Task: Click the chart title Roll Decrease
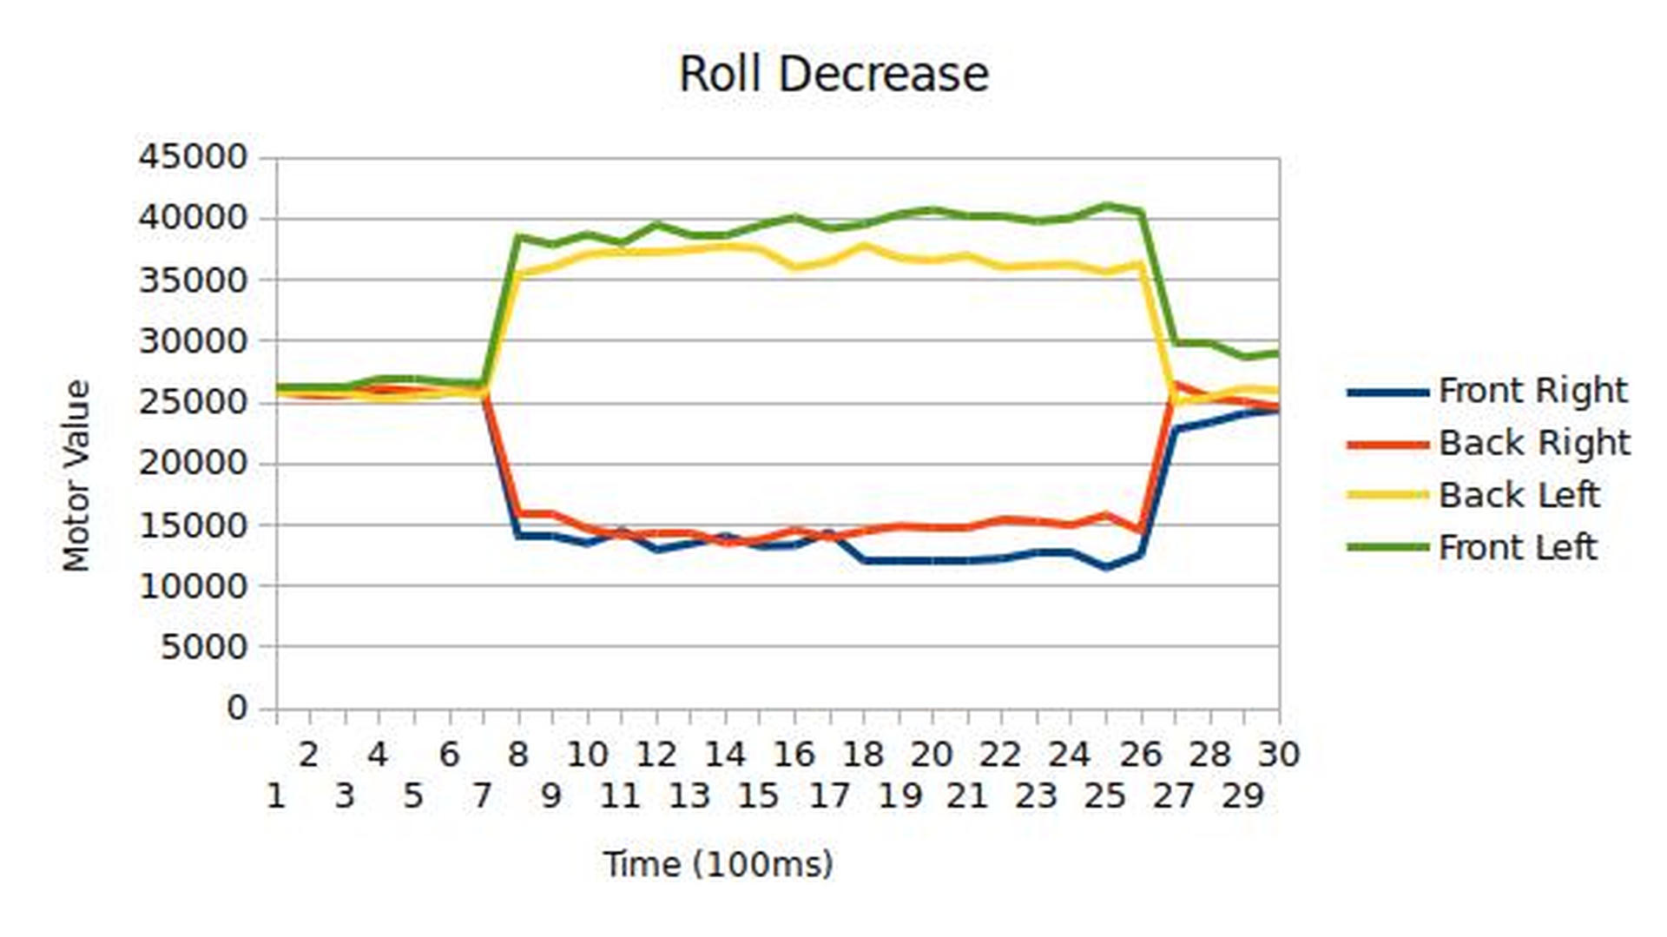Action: click(x=833, y=75)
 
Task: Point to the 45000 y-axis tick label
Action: click(x=193, y=157)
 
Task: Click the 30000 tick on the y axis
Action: click(x=193, y=340)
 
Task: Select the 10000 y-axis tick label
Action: click(x=193, y=585)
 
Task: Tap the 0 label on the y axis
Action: click(x=237, y=708)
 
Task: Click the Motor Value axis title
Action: click(x=76, y=476)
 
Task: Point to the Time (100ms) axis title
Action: click(x=718, y=864)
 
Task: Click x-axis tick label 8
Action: click(x=518, y=755)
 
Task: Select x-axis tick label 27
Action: click(x=1174, y=795)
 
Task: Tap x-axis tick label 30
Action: click(x=1278, y=755)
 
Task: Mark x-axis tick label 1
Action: click(x=276, y=795)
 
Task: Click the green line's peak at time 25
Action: click(x=1106, y=206)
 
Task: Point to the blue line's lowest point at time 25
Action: click(x=1106, y=567)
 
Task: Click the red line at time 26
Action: click(x=1141, y=529)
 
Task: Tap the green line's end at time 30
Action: click(x=1277, y=353)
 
